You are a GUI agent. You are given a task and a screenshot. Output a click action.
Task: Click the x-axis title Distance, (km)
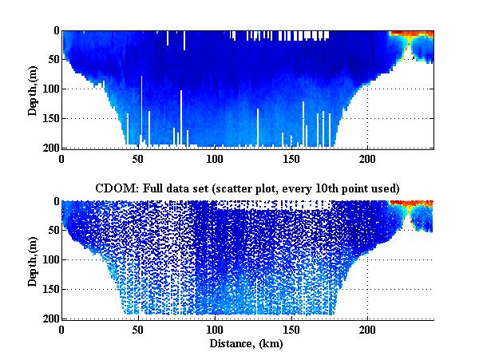click(247, 343)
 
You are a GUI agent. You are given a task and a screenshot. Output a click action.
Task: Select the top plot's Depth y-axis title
click(33, 89)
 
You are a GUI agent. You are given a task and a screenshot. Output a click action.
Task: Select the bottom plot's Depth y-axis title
click(33, 260)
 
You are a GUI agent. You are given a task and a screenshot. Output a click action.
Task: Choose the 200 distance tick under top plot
click(367, 158)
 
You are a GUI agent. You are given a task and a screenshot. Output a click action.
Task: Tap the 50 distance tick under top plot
click(139, 158)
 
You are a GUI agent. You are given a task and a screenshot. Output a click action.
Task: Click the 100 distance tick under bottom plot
click(215, 329)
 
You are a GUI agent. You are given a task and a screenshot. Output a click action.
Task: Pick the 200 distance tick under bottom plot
click(367, 329)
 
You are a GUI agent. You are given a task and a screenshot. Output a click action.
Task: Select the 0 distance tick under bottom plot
click(62, 329)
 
